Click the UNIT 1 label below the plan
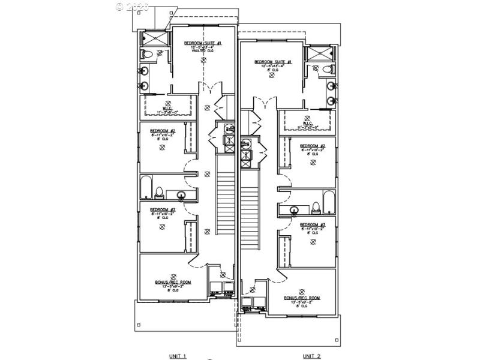177,356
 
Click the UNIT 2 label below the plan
311,356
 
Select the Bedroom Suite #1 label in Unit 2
273,62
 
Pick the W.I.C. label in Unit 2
307,124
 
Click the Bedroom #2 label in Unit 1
163,131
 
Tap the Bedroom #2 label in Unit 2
313,146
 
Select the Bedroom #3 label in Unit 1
163,210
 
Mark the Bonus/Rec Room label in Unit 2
302,298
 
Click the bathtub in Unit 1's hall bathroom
146,187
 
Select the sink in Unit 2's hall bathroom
295,210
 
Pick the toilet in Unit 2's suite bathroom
328,70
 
